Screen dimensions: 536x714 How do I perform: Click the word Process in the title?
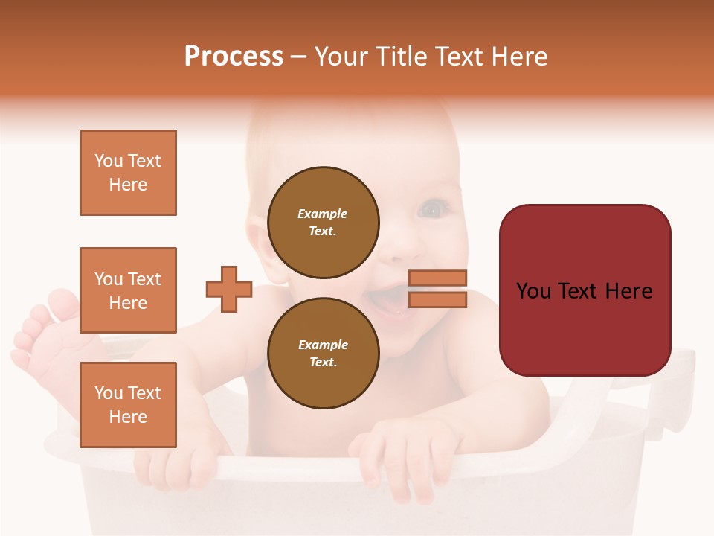pyautogui.click(x=234, y=57)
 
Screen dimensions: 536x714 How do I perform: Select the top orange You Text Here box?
pyautogui.click(x=128, y=173)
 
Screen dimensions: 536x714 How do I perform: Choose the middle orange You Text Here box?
pyautogui.click(x=128, y=290)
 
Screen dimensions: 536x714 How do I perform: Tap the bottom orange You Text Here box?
pyautogui.click(x=128, y=404)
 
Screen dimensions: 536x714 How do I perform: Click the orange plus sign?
pyautogui.click(x=229, y=289)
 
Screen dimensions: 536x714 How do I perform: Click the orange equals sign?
pyautogui.click(x=438, y=289)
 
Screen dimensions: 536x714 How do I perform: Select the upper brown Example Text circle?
pyautogui.click(x=323, y=223)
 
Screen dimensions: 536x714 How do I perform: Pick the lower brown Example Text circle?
pyautogui.click(x=323, y=354)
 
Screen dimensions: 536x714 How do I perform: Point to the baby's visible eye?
pyautogui.click(x=432, y=211)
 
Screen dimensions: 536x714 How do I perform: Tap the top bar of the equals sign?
pyautogui.click(x=438, y=278)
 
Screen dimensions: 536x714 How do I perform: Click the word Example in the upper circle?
pyautogui.click(x=323, y=214)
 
